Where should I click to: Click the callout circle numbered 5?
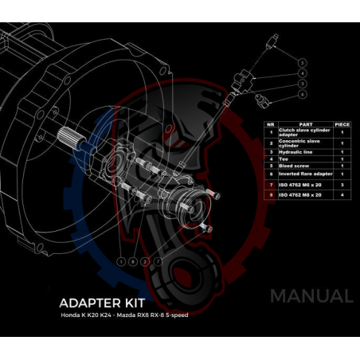[x=303, y=61]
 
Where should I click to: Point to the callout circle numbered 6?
[x=303, y=94]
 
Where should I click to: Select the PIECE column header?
[x=341, y=124]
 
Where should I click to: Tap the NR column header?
[x=271, y=124]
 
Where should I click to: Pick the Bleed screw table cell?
[x=295, y=166]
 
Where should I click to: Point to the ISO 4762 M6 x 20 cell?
[x=301, y=183]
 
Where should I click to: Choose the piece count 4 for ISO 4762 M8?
[x=341, y=194]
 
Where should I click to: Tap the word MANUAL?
[x=311, y=296]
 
